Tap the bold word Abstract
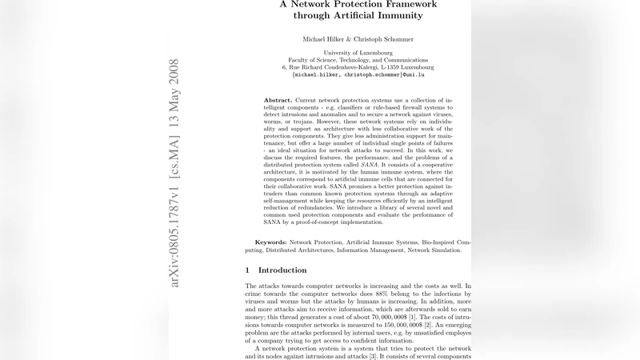[x=278, y=99]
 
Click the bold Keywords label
[x=270, y=242]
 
